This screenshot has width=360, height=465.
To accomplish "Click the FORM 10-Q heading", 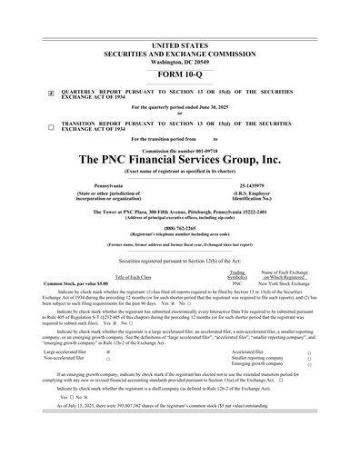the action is click(179, 73).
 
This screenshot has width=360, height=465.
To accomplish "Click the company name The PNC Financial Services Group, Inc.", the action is click(180, 159).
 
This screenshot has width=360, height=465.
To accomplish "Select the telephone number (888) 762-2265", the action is click(179, 228).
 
